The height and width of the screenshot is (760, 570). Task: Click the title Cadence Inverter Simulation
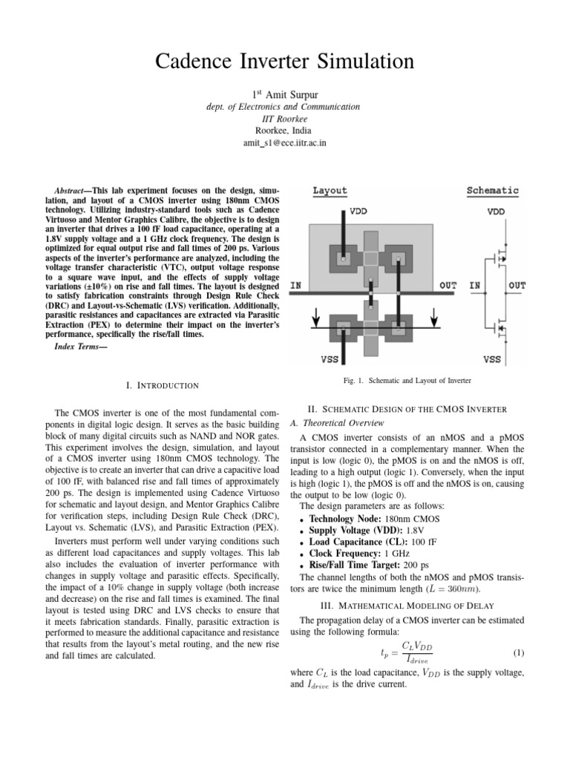[284, 62]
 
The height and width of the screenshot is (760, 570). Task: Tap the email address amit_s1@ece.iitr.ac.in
[285, 142]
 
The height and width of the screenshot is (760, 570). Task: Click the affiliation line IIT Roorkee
[284, 118]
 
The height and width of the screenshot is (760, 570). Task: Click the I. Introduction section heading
[163, 385]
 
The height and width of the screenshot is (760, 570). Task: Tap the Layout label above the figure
[330, 191]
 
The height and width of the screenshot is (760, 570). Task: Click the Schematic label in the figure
[492, 191]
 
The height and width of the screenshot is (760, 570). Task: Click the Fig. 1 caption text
[407, 381]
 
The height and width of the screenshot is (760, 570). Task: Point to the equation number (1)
[518, 653]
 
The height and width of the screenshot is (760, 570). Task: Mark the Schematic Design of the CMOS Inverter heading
[407, 409]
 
